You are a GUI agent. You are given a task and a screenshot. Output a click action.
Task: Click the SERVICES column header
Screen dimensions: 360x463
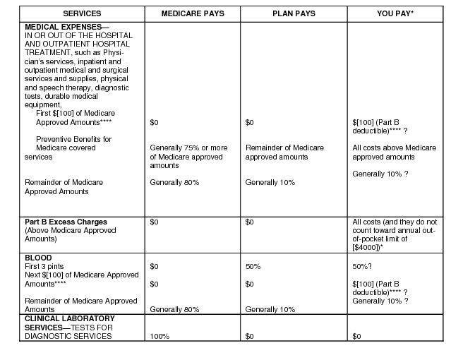tap(82, 13)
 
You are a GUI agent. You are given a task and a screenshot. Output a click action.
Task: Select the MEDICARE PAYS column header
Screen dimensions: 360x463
tap(193, 13)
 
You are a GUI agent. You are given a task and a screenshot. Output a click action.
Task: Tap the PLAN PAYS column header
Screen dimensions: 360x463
tap(294, 13)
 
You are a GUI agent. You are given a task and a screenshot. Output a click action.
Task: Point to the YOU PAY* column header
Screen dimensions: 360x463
tap(395, 13)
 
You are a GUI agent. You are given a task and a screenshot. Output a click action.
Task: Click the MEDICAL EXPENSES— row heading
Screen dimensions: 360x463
tap(67, 27)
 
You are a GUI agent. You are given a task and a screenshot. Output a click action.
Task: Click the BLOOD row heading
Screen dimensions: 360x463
tap(38, 258)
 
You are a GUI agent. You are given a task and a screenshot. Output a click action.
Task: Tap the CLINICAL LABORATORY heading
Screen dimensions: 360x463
tap(69, 318)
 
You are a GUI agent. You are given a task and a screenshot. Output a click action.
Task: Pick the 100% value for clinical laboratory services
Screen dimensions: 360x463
tap(160, 336)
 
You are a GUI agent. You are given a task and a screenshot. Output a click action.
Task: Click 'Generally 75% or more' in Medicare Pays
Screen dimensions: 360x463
tap(188, 148)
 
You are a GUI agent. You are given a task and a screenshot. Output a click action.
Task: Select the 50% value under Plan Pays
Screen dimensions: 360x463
tap(253, 267)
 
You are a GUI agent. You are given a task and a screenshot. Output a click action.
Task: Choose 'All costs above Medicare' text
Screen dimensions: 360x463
tap(395, 148)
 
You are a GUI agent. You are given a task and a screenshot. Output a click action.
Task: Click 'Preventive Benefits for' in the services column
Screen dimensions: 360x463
tap(73, 139)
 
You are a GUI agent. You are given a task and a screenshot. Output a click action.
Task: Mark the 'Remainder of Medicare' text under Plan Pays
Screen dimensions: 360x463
tap(284, 148)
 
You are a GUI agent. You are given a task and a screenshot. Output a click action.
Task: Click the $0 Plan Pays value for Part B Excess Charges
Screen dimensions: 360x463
tap(249, 222)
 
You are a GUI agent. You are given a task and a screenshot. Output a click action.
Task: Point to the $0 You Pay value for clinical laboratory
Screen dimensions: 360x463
tap(356, 336)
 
